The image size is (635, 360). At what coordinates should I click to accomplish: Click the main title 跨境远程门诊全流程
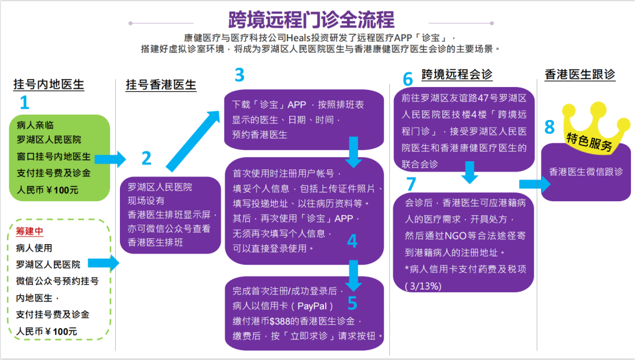click(311, 19)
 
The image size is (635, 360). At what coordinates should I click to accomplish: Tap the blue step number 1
click(24, 102)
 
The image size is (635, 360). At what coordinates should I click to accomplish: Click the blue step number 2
click(146, 158)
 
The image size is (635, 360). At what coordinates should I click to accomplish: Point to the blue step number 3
click(239, 75)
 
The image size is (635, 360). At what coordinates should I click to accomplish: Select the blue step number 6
click(408, 79)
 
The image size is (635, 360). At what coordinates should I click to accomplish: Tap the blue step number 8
click(549, 126)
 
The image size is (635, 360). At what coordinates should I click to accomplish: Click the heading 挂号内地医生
click(49, 84)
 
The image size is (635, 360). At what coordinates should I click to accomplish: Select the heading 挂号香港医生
click(161, 85)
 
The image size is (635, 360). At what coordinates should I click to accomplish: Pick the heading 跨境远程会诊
click(457, 75)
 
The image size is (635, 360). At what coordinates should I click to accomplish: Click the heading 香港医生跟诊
click(580, 75)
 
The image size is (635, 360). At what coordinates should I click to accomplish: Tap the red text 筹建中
click(29, 231)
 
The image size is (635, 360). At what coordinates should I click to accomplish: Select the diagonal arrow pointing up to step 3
click(193, 141)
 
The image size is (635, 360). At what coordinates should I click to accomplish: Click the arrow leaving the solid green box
click(111, 159)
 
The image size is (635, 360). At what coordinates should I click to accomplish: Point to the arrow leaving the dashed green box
click(103, 263)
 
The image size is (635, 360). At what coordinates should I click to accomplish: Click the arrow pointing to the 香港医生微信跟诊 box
click(535, 184)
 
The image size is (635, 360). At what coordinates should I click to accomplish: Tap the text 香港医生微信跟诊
click(586, 172)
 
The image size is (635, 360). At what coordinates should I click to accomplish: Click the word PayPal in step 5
click(312, 306)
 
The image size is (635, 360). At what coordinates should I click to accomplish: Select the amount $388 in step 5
click(280, 322)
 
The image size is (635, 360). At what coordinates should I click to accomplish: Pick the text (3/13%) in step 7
click(423, 286)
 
